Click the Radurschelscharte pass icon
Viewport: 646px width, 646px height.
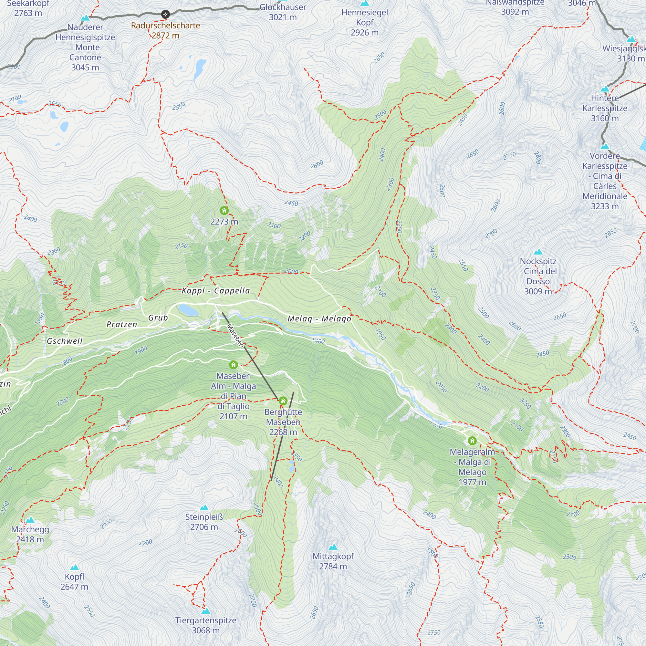[165, 15]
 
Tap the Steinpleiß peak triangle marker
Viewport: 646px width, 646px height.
[204, 508]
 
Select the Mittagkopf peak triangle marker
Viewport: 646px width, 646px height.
[333, 547]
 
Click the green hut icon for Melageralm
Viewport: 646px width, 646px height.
[472, 441]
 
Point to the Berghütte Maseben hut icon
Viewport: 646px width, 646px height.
[283, 401]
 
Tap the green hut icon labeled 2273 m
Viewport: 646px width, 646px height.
[224, 211]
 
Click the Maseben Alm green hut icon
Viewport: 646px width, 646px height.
[234, 365]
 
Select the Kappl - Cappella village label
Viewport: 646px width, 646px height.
[216, 291]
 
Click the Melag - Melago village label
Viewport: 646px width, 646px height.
[319, 319]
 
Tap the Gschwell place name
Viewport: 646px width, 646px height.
[65, 341]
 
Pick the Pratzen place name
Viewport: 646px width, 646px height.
[122, 324]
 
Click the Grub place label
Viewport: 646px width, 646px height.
[158, 318]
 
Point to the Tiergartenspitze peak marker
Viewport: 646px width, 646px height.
[206, 611]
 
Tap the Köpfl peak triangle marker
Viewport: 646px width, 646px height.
[75, 568]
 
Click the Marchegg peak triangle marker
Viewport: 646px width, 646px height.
[30, 520]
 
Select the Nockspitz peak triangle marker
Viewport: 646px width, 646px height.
[538, 252]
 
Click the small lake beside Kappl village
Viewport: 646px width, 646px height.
[188, 310]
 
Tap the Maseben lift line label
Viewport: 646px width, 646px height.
[235, 335]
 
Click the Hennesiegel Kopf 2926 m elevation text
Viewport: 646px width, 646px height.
[364, 32]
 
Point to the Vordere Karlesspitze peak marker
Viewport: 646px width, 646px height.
[605, 147]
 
